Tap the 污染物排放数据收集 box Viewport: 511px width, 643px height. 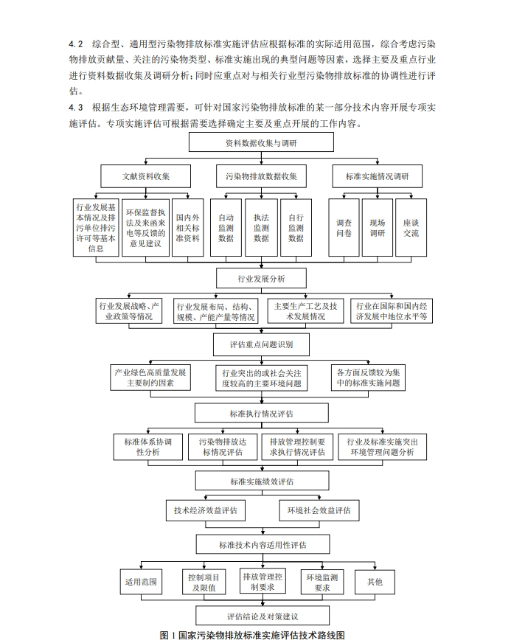262,176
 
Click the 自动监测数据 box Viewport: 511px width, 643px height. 226,228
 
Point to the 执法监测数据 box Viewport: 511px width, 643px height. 261,228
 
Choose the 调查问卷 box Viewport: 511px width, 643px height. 344,228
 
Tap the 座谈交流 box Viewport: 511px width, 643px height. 411,228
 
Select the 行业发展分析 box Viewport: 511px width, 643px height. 262,278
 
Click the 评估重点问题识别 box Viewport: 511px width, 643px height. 262,344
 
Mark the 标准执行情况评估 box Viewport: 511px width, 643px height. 262,414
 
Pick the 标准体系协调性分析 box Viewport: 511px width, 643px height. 148,447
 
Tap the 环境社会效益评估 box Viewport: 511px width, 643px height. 319,510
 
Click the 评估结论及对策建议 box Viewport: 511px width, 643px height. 262,616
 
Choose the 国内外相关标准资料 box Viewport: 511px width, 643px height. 187,228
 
